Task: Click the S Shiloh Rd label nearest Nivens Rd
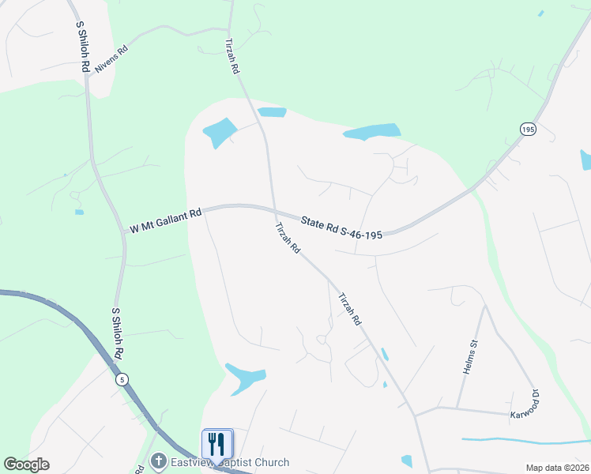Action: [81, 47]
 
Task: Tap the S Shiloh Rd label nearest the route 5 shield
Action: [118, 334]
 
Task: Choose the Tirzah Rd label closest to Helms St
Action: [349, 310]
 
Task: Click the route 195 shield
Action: [528, 128]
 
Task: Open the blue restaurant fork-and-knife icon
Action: [217, 443]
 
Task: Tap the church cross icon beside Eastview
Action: [159, 461]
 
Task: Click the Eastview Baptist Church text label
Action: [230, 462]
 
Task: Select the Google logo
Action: [26, 465]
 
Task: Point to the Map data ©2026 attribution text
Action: [557, 468]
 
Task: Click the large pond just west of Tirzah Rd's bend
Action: [220, 133]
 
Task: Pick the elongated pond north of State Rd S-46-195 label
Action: [372, 131]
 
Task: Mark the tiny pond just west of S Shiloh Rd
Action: [79, 212]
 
